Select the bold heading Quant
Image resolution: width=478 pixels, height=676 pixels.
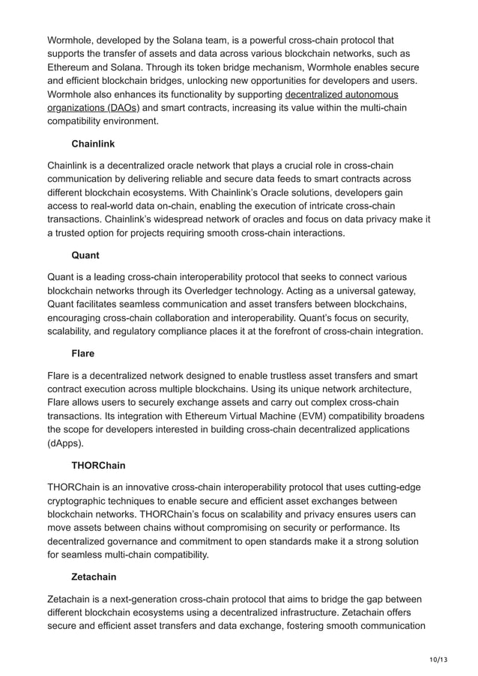85,255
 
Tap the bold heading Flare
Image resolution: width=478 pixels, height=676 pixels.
82,353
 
